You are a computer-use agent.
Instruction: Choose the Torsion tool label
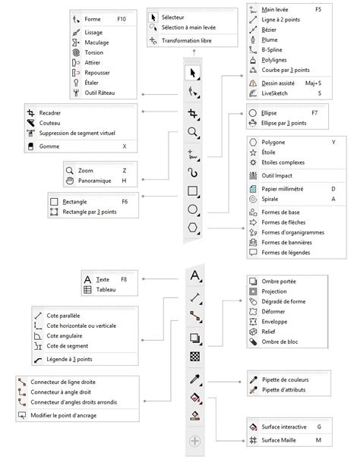click(x=94, y=53)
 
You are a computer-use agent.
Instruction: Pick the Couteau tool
click(x=51, y=122)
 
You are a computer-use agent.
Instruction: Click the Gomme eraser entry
click(x=50, y=146)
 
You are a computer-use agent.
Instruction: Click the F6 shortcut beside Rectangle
click(x=125, y=203)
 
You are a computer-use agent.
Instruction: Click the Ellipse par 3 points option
click(x=284, y=122)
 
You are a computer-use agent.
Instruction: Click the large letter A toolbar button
click(x=194, y=275)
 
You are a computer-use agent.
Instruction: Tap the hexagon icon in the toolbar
click(x=194, y=228)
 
